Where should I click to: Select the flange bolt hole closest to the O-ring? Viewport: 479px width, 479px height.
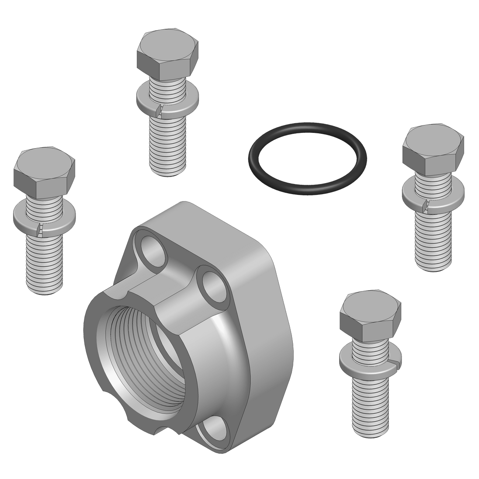213,288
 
